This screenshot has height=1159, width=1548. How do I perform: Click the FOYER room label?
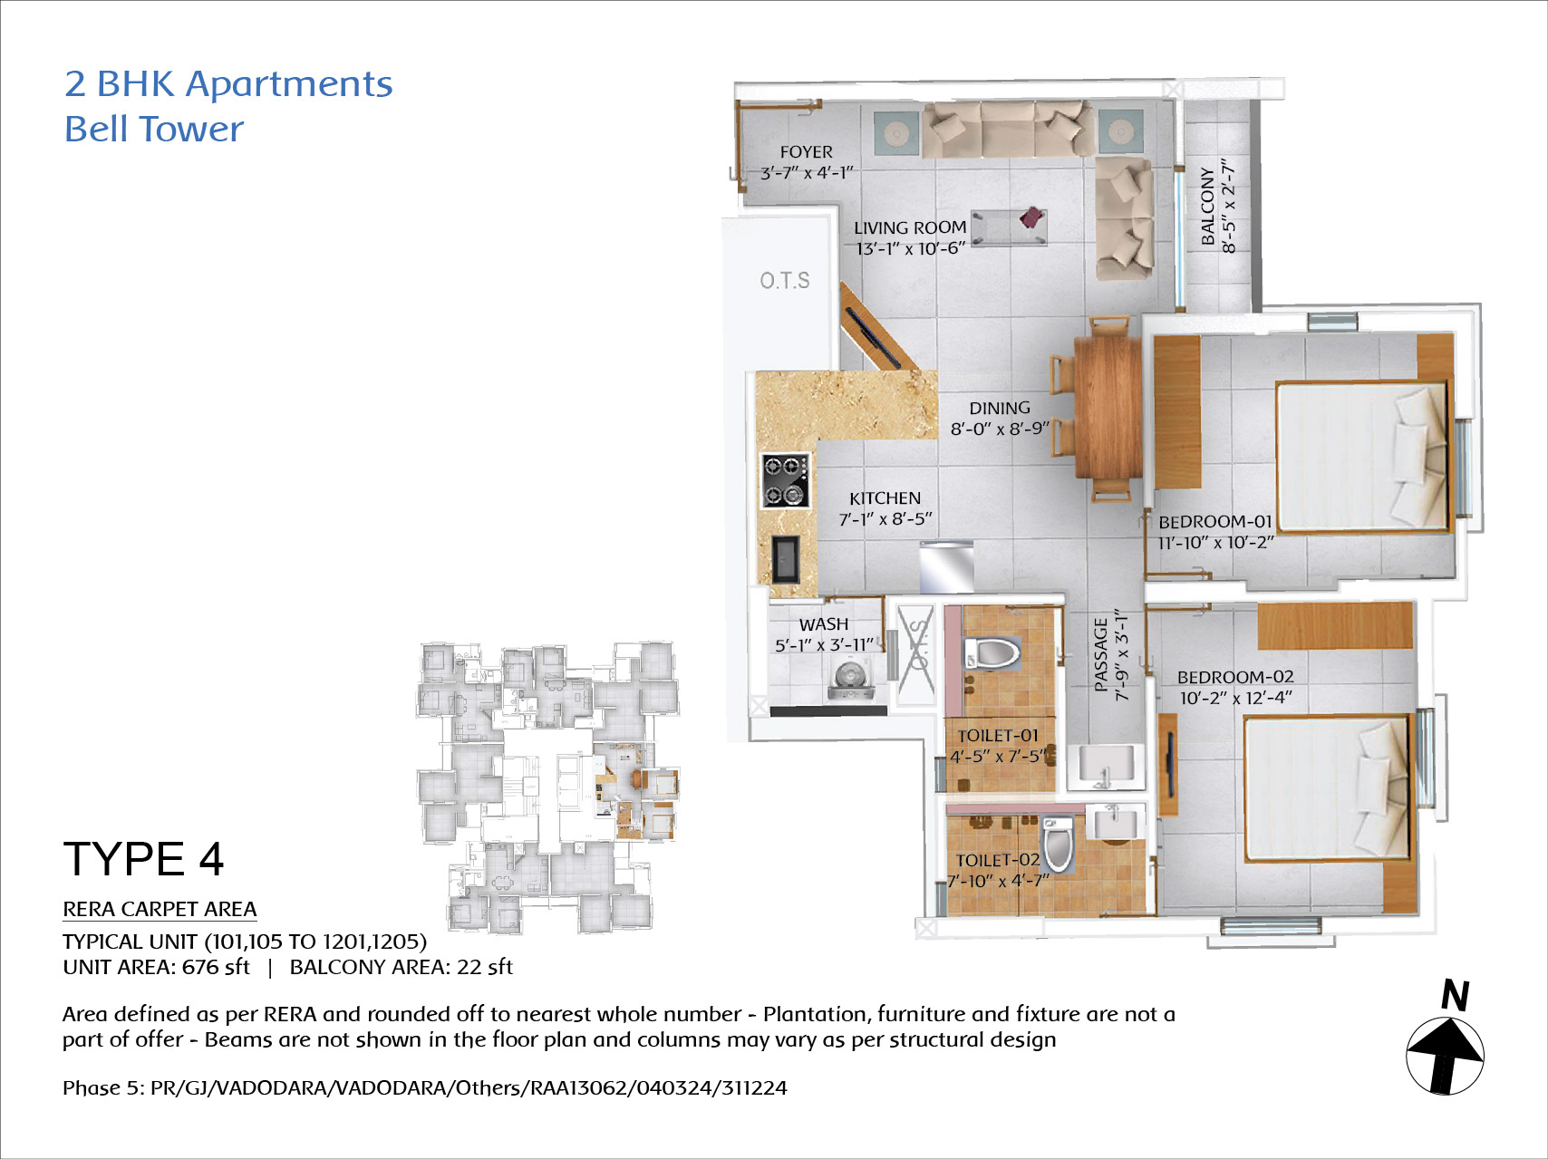coord(806,152)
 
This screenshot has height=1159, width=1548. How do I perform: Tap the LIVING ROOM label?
coord(910,227)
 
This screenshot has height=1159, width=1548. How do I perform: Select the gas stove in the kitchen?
coord(785,481)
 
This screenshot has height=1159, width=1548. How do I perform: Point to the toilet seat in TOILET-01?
coord(992,652)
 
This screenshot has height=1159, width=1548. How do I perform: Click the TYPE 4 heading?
coord(143,859)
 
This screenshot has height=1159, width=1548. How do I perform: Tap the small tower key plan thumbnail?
coord(548,787)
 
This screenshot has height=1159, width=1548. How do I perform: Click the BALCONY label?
coord(1207,206)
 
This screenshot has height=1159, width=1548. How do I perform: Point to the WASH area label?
coord(824,624)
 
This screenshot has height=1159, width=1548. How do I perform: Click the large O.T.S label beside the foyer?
coord(785,281)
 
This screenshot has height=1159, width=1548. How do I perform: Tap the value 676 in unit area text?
coord(199,967)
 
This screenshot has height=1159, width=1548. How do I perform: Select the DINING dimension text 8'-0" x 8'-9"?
coord(1000,429)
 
